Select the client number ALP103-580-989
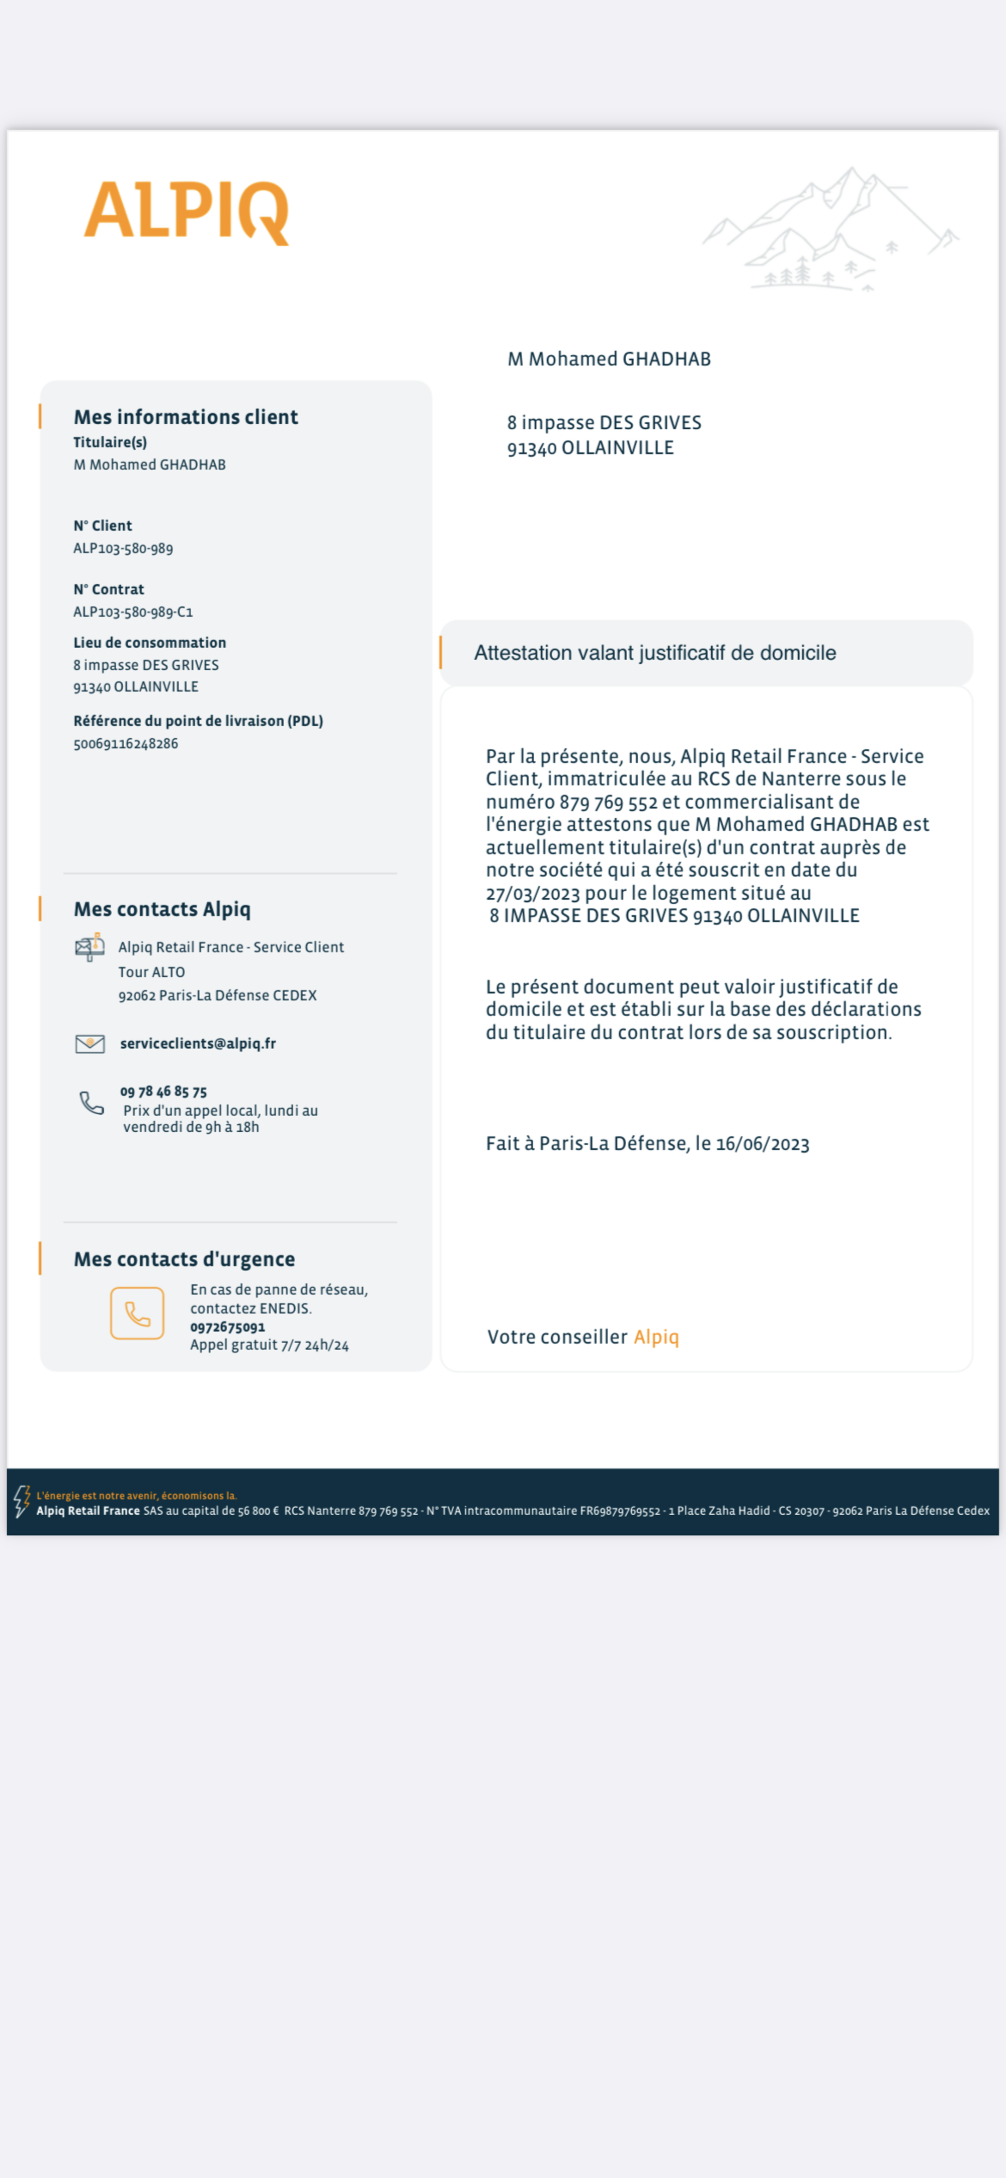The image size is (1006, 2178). [123, 548]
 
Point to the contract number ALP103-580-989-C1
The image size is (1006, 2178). [133, 611]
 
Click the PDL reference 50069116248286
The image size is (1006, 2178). [126, 743]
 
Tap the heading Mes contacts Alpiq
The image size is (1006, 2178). [162, 909]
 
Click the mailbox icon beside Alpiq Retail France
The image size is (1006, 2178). [90, 947]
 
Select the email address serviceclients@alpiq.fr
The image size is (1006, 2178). [198, 1043]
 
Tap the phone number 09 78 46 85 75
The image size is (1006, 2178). [163, 1092]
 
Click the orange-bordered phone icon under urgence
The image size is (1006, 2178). [137, 1313]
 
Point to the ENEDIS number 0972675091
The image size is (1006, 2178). [227, 1327]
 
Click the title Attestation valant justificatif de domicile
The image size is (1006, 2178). [654, 653]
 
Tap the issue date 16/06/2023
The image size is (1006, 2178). [763, 1144]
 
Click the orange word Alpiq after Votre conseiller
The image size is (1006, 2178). [656, 1337]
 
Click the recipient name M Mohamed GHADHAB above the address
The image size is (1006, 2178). [609, 359]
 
